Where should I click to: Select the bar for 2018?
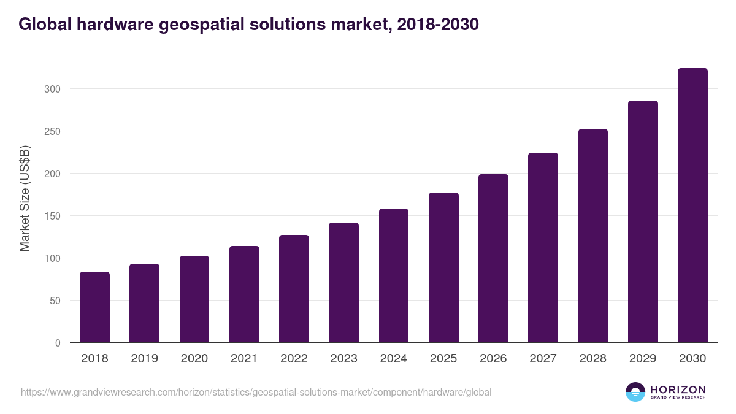point(94,307)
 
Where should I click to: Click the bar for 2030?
point(692,205)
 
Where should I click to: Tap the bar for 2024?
point(394,275)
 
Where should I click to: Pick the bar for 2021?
point(244,294)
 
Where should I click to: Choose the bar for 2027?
point(543,248)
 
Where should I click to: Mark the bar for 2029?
point(643,221)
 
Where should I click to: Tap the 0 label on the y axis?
point(57,343)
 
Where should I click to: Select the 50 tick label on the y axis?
point(55,301)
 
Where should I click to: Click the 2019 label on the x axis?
point(144,359)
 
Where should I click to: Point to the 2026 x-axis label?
point(493,359)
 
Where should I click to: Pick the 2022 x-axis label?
point(294,359)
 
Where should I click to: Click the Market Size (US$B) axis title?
point(25,198)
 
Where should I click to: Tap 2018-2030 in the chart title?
point(437,25)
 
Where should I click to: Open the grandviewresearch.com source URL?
point(256,392)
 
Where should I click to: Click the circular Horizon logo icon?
point(635,392)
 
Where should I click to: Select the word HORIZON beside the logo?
point(678,389)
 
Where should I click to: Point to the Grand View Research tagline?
point(678,397)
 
